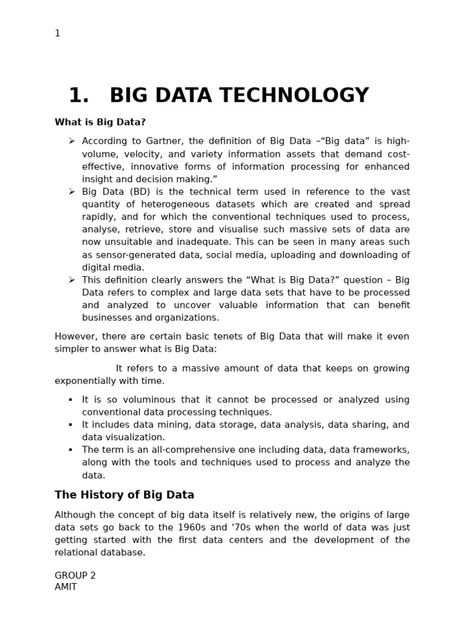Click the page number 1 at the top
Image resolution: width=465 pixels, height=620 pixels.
point(58,33)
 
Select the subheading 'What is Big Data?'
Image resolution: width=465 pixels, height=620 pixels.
point(100,122)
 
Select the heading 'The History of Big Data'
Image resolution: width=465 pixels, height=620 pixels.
point(124,495)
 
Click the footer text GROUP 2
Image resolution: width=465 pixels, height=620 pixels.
point(75,575)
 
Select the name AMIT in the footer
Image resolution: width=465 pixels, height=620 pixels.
point(65,587)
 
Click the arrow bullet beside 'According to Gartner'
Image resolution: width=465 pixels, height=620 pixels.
point(71,140)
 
